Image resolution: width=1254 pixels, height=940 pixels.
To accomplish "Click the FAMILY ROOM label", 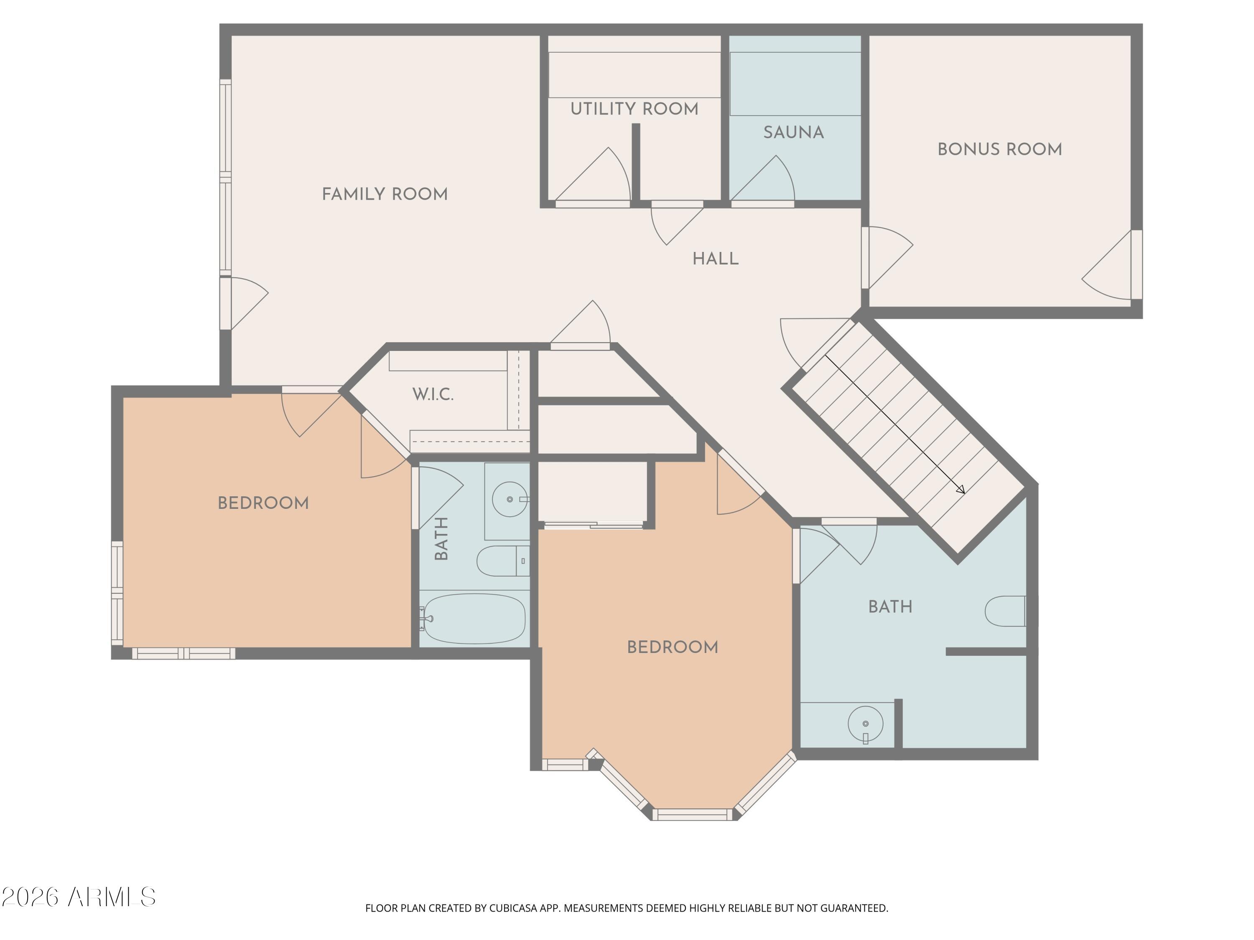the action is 385,194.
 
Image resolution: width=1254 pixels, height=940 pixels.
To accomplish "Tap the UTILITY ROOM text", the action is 635,109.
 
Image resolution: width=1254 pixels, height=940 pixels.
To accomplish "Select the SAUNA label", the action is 794,132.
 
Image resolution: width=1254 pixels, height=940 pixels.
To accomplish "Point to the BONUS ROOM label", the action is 999,150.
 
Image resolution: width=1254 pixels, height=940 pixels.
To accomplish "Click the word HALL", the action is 716,259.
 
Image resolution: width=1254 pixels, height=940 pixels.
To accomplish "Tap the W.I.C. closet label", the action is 433,394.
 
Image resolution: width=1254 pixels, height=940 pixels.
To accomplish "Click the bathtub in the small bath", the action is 474,619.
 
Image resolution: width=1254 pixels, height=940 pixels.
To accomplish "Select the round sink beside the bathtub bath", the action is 510,499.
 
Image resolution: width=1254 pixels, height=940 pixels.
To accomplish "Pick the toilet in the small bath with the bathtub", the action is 503,561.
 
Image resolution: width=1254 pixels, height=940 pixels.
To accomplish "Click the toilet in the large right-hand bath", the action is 1006,611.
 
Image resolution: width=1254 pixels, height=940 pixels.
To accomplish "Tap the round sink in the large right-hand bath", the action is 865,724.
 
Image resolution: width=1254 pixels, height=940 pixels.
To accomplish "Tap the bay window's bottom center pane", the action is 692,815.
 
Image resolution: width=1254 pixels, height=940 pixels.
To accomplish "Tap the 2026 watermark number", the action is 30,897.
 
